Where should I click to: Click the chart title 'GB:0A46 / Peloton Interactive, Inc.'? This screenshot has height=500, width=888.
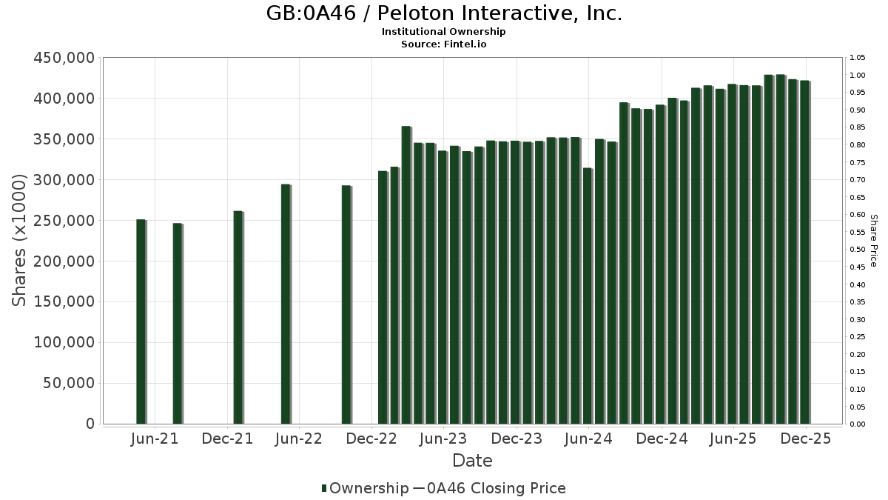444,13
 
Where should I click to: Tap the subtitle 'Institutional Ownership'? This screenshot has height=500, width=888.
444,32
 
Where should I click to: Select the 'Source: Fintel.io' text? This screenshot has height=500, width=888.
444,44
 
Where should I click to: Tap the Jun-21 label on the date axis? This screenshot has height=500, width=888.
154,439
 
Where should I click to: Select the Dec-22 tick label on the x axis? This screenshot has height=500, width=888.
371,439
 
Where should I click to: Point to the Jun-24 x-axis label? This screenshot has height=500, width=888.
588,439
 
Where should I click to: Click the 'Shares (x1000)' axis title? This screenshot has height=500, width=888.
20,241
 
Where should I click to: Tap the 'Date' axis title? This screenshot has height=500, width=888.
472,461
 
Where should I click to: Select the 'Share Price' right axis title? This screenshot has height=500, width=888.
873,241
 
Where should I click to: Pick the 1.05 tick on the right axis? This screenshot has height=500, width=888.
858,58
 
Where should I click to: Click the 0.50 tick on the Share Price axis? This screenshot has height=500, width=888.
858,250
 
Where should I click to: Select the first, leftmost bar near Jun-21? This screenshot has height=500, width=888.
141,321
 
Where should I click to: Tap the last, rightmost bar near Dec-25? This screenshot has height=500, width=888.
804,252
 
